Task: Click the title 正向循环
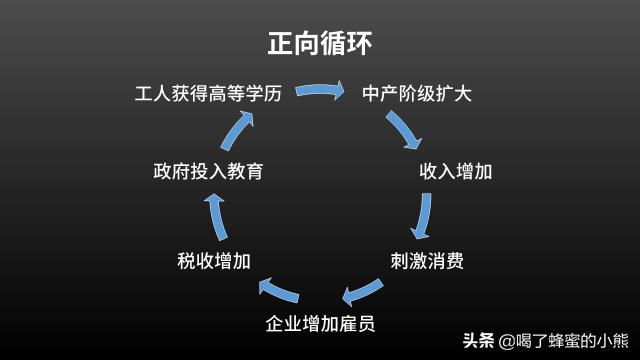pos(320,43)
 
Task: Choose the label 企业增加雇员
pos(320,324)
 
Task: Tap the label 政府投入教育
pos(208,170)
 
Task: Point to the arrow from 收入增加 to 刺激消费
pos(426,215)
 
